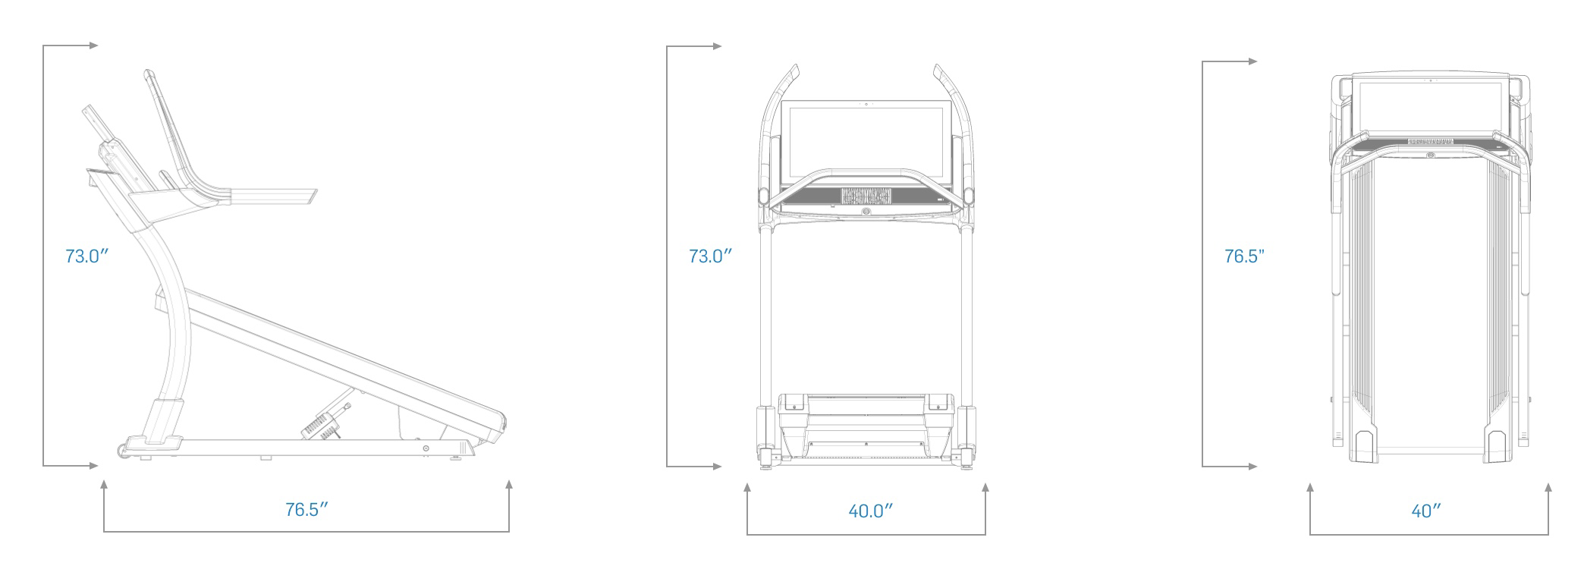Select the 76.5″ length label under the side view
pos(306,510)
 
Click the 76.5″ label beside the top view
pos(1245,256)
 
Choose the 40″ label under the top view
pos(1426,511)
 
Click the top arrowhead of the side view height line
pos(94,46)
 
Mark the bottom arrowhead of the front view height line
pos(718,467)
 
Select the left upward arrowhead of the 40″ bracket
pos(1310,486)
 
